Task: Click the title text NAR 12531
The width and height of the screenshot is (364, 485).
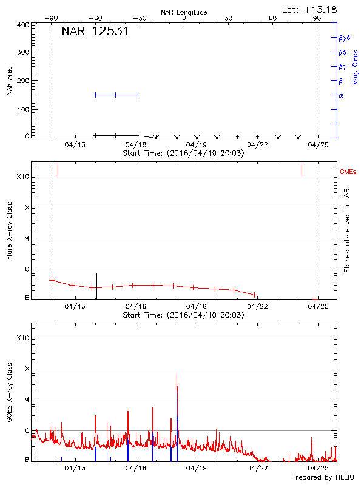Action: pos(94,32)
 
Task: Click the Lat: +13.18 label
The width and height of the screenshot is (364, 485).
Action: pos(310,8)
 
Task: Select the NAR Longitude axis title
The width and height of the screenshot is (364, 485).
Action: pos(184,12)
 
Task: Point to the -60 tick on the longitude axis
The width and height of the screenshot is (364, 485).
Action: pos(95,19)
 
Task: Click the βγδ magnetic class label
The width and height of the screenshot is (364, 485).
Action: pos(343,38)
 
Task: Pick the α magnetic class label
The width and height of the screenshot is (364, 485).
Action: pos(341,95)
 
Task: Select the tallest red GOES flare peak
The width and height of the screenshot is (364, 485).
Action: pos(177,375)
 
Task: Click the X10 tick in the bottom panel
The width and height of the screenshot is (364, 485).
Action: pos(23,338)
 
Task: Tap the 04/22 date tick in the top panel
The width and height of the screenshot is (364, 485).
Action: pos(258,145)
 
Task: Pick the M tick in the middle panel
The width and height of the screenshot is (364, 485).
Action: pos(27,238)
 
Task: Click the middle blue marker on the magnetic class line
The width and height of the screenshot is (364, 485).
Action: pos(115,95)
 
